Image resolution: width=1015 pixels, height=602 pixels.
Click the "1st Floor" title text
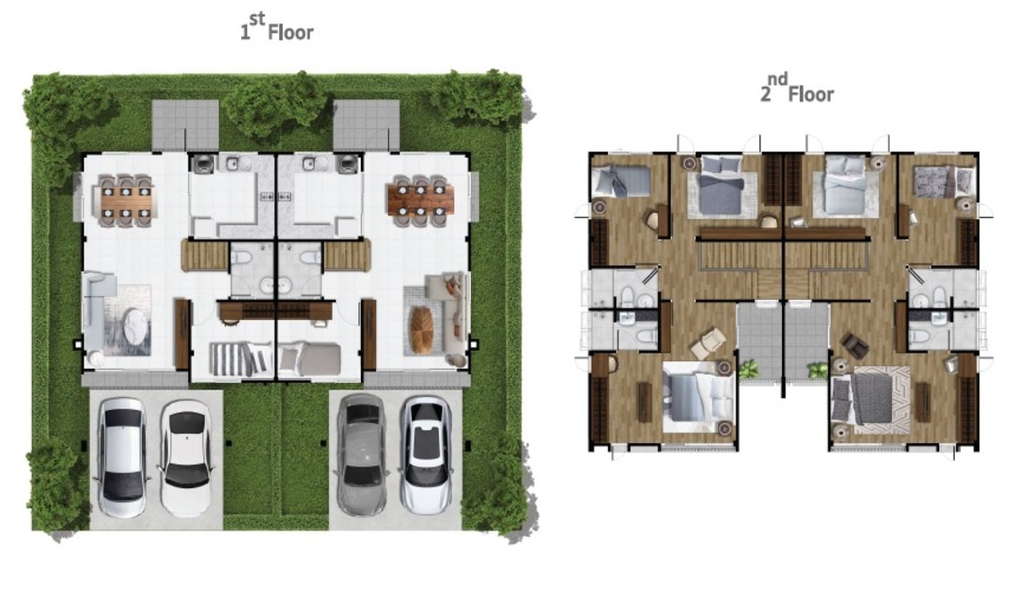click(x=277, y=27)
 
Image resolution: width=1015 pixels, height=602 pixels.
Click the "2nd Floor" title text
click(x=797, y=88)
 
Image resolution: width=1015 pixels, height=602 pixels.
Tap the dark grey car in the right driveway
click(x=362, y=455)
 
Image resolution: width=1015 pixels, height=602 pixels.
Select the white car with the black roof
click(x=186, y=457)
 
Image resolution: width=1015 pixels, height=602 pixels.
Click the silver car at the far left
click(x=121, y=457)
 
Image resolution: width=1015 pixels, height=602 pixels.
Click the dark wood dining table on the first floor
click(x=420, y=199)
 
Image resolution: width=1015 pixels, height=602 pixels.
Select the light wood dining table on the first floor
click(x=126, y=201)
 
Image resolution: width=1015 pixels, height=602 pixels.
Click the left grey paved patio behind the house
click(x=185, y=125)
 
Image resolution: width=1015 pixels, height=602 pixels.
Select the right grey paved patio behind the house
click(x=367, y=125)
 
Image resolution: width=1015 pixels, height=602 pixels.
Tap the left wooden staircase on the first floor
click(x=204, y=255)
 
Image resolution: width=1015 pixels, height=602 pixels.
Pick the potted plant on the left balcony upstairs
click(x=748, y=370)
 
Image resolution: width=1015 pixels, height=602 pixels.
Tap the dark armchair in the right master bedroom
click(x=855, y=346)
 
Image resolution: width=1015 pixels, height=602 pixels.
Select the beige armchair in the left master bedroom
click(x=708, y=342)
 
